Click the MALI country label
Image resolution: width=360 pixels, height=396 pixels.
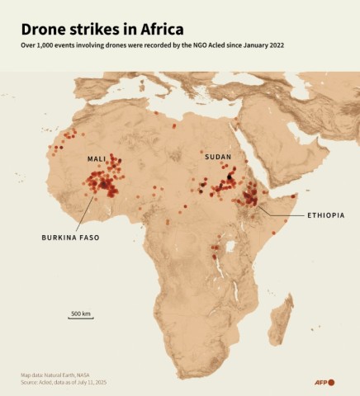[97, 158]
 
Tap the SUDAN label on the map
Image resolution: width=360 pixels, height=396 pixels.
[218, 156]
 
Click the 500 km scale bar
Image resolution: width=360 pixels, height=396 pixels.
[80, 316]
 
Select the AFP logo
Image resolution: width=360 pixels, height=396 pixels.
[324, 382]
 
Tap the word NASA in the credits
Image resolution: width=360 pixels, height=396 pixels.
[97, 375]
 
